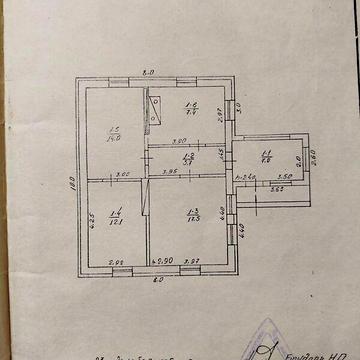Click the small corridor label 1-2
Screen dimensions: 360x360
(188, 160)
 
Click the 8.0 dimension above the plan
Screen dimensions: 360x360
(148, 73)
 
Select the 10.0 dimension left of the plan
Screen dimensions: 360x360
(73, 182)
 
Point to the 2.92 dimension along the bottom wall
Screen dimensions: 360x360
(116, 261)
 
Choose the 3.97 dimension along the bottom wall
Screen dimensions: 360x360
(196, 261)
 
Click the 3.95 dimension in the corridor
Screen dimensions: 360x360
(169, 172)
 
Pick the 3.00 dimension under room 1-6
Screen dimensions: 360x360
(180, 142)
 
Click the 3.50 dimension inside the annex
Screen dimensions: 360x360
(284, 177)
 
